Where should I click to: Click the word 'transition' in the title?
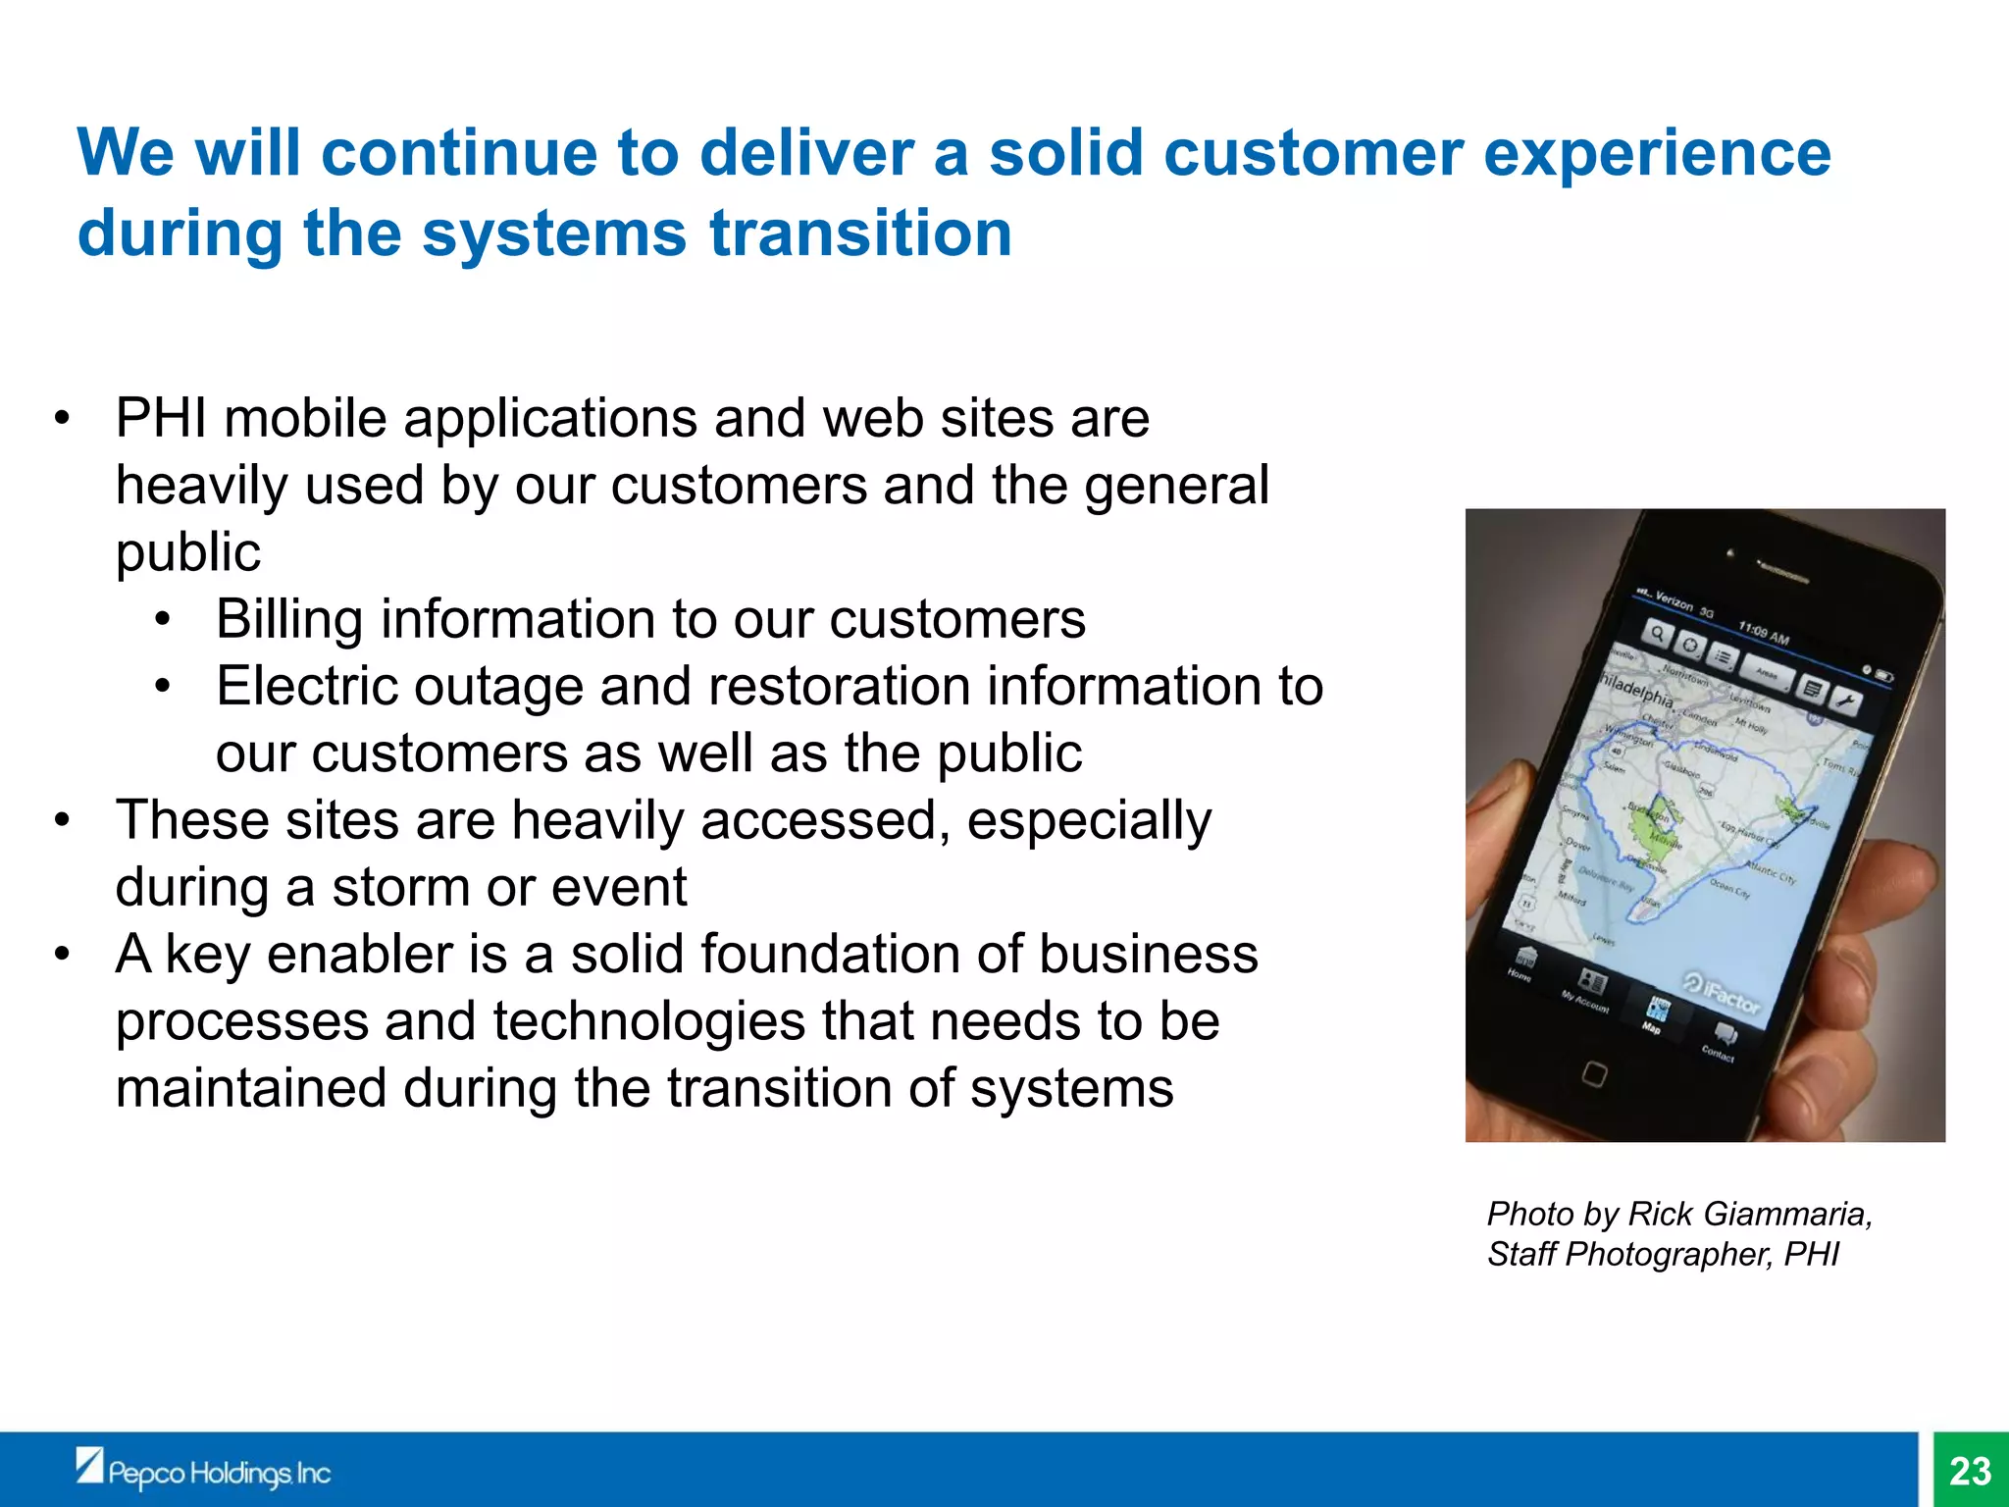(860, 234)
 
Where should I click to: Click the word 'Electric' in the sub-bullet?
(301, 687)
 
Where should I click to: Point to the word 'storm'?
(400, 888)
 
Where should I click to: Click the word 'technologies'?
(648, 1021)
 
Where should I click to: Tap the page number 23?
(1970, 1471)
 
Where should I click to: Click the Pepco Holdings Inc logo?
(204, 1471)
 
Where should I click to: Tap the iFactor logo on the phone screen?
(1724, 994)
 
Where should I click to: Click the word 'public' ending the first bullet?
(187, 553)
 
